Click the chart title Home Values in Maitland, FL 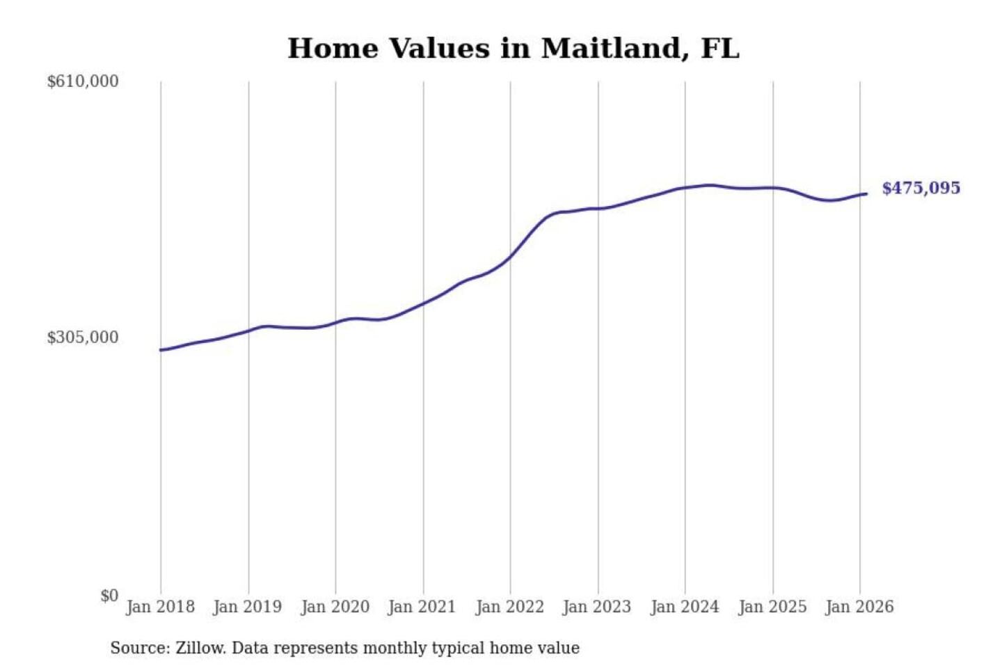coord(513,49)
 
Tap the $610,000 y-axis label coord(83,81)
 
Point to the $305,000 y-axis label coord(83,337)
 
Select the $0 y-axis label coord(109,596)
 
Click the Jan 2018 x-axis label coord(160,607)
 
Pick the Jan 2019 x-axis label coord(248,607)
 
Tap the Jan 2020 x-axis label coord(335,607)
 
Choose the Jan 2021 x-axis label coord(422,607)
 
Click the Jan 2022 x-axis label coord(509,607)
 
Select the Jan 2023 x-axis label coord(596,607)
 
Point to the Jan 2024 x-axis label coord(684,607)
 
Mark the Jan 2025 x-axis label coord(772,607)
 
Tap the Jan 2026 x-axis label coord(859,607)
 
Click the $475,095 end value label coord(921,188)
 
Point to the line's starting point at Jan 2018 coord(161,350)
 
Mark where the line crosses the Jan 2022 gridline coord(510,257)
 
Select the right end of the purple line coord(866,193)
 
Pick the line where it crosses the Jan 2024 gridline coord(685,188)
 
